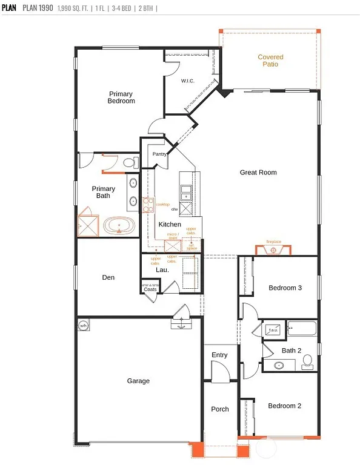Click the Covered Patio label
(270, 61)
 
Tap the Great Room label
(258, 173)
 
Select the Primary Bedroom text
(122, 97)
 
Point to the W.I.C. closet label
(187, 81)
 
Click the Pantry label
(159, 154)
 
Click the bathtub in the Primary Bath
(119, 226)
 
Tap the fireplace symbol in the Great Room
(275, 249)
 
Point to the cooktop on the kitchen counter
(146, 205)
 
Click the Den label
(108, 277)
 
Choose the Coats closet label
(150, 289)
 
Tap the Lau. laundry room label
(162, 270)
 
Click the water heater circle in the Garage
(83, 326)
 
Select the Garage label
(138, 381)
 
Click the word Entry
(219, 355)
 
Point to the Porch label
(220, 409)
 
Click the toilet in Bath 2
(307, 361)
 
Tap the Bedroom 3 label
(285, 288)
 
